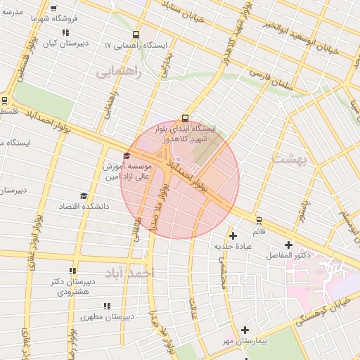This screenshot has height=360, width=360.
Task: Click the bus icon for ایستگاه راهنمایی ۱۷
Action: (x=135, y=33)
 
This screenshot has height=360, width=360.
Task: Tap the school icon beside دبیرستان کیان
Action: (x=65, y=32)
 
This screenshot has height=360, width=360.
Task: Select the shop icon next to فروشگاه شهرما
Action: (x=54, y=8)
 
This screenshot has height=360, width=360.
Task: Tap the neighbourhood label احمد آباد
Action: (x=129, y=272)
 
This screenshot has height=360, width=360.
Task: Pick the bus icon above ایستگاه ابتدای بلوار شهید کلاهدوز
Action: (x=185, y=118)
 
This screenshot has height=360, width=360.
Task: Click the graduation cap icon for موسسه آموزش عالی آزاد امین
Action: (x=127, y=155)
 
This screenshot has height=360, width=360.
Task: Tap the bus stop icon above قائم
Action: (x=259, y=220)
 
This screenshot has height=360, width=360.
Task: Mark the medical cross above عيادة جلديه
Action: (x=233, y=235)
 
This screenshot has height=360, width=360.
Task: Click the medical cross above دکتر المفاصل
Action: (x=288, y=244)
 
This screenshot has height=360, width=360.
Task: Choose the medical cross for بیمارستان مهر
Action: (x=245, y=330)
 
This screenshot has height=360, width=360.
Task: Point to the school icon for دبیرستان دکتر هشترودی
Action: (x=72, y=271)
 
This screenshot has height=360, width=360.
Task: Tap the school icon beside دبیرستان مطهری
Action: (x=107, y=306)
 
